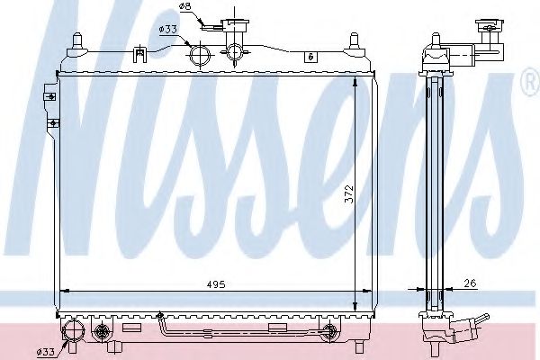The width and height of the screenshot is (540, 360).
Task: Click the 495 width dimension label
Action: [x=216, y=284]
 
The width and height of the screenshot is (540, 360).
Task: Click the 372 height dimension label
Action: [x=349, y=194]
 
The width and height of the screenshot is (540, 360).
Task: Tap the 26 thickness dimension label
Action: [x=470, y=283]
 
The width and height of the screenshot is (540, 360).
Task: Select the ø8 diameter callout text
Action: [x=184, y=6]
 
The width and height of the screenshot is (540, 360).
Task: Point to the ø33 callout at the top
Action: [x=167, y=30]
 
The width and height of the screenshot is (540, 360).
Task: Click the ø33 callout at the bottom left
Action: [x=46, y=352]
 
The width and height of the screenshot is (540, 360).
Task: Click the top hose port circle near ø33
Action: [x=200, y=56]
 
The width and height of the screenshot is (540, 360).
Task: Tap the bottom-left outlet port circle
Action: [x=72, y=330]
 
